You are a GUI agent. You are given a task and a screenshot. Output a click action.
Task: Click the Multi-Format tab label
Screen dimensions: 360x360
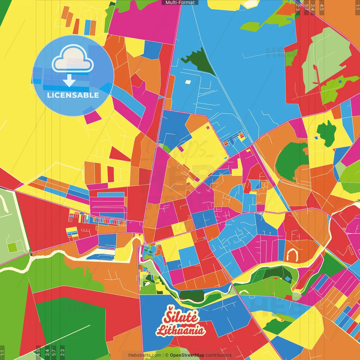(x=180, y=3)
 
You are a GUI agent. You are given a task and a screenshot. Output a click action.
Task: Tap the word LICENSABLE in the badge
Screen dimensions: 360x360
(x=73, y=95)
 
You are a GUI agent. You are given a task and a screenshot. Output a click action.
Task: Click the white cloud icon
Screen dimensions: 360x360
(x=73, y=58)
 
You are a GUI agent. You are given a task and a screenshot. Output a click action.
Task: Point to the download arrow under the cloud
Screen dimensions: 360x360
(x=69, y=81)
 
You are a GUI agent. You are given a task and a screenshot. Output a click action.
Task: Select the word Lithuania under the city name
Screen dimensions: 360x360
(x=181, y=330)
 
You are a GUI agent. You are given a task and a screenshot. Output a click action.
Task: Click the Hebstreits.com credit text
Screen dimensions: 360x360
(x=145, y=355)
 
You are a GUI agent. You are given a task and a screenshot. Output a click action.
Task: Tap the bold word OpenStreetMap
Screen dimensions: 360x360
(x=187, y=355)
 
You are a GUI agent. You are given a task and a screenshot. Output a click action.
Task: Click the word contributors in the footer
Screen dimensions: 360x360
(x=219, y=355)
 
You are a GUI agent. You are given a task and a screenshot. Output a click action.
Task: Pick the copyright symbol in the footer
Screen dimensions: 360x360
(x=166, y=355)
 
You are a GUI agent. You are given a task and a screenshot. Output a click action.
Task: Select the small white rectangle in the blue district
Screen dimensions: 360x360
(x=188, y=82)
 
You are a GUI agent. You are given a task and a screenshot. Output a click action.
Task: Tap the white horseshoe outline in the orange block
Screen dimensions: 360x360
(x=292, y=255)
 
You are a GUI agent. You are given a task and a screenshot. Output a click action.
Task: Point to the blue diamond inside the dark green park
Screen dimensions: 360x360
(x=287, y=278)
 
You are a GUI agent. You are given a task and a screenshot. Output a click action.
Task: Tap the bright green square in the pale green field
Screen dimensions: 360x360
(x=12, y=247)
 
